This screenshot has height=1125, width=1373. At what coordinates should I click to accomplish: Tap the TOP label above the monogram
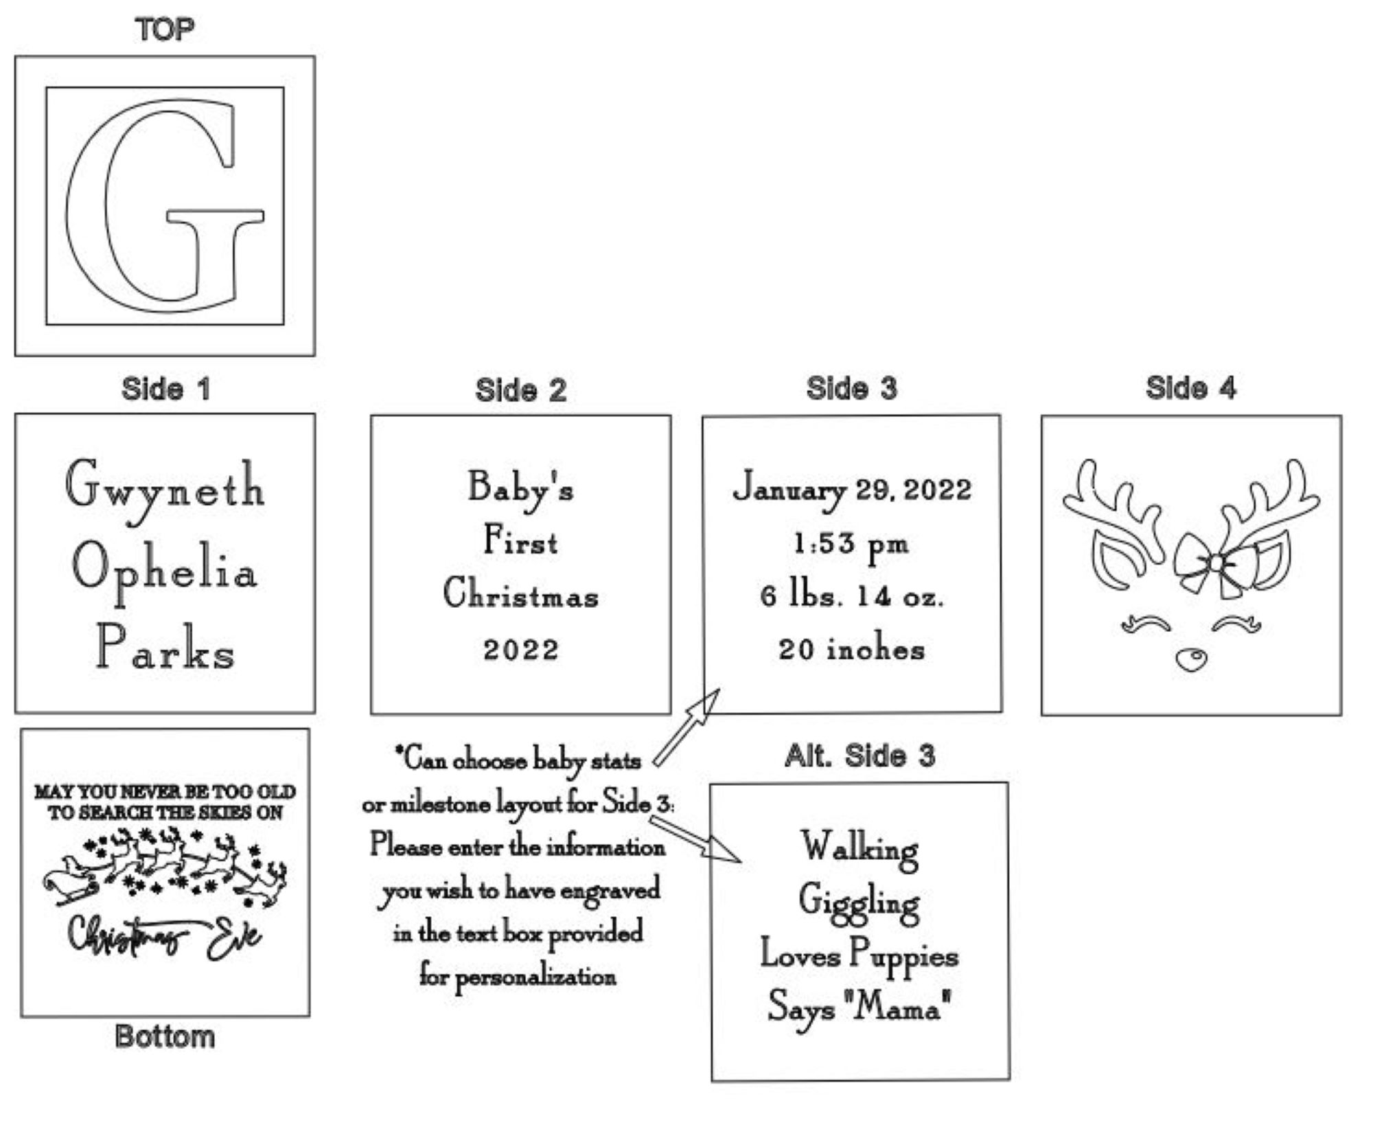pos(165,30)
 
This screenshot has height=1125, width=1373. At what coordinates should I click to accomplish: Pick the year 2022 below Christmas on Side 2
pos(521,650)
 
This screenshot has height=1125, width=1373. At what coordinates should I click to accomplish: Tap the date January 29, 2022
pos(852,490)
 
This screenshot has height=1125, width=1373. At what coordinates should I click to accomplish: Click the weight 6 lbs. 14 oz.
pos(852,595)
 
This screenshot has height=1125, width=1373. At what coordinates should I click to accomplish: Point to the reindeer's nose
pos(1190,659)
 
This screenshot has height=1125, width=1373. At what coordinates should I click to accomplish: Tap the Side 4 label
pos(1191,388)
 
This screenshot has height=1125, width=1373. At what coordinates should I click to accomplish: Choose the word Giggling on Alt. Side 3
pos(859,903)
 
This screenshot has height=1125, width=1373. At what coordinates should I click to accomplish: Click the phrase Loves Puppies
pos(859,957)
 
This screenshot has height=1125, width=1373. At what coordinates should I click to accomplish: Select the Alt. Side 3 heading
pos(859,756)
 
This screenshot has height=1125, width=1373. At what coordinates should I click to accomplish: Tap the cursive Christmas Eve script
pos(164,936)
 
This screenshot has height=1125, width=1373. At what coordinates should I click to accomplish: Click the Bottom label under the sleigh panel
pos(165,1036)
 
